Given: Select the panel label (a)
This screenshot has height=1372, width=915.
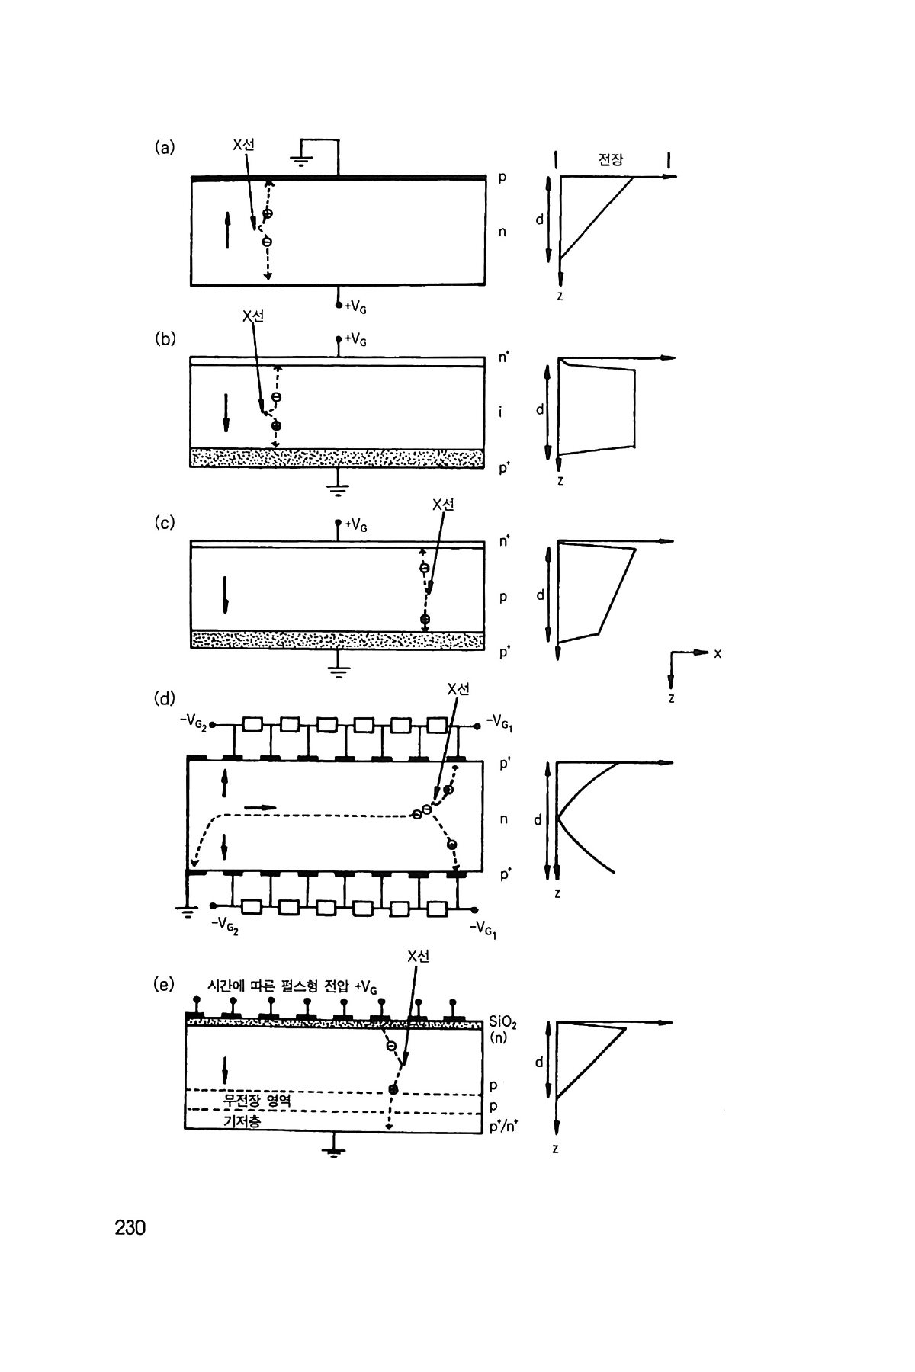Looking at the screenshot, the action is tap(164, 147).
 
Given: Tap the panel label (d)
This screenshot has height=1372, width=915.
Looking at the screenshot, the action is tap(165, 697).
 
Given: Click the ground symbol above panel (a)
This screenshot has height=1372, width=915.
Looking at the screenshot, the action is tap(301, 159).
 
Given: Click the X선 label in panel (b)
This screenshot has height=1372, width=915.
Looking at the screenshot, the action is tap(252, 316).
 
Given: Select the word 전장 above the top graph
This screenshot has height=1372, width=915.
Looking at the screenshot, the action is tap(611, 160).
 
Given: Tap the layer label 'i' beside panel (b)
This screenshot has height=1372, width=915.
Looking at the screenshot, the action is tap(500, 412).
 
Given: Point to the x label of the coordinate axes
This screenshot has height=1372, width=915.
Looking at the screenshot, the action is tap(718, 652).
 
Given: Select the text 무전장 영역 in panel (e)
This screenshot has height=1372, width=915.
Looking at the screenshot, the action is tap(257, 1101).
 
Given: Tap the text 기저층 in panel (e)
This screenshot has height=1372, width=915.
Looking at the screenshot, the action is tap(242, 1121).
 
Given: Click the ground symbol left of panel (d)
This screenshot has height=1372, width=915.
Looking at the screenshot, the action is tap(185, 907).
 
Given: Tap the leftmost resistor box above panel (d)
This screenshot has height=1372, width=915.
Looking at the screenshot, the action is tap(252, 723).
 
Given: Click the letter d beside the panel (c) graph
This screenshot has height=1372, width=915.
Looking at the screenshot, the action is tap(540, 595).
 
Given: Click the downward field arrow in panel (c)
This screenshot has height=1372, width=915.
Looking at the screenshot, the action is tap(226, 595).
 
